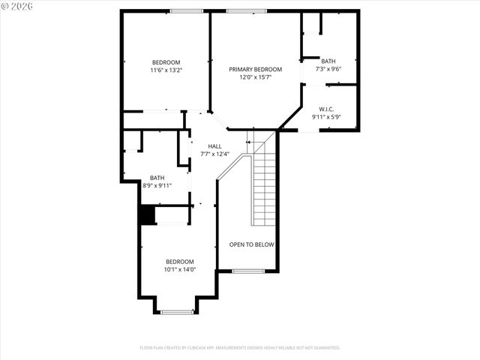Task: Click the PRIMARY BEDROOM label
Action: coord(255,69)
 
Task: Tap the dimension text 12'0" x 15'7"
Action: coord(255,76)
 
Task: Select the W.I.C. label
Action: coord(326,109)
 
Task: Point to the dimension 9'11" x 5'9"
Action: coord(326,117)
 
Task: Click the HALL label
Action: coord(214,146)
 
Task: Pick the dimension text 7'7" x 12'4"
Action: coord(214,154)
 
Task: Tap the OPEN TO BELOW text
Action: coord(251,244)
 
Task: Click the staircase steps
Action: coord(264,187)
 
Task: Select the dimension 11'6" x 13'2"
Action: coord(166,70)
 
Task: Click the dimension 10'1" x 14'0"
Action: coord(179,269)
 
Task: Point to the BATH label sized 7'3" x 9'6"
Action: coord(328,61)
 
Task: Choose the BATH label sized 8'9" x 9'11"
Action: coord(157,178)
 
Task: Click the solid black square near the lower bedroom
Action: coord(147,214)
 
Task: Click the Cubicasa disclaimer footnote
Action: coord(240,348)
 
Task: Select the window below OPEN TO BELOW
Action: coord(248,271)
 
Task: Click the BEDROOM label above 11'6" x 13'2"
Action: coord(166,61)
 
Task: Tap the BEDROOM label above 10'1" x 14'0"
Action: coord(179,261)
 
